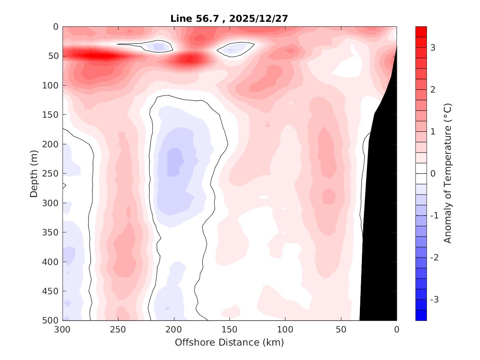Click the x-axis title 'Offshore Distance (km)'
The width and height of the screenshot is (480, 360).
pos(229,342)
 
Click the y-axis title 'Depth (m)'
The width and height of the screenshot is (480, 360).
pos(35,173)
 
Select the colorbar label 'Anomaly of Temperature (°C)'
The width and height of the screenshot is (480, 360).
pos(448,173)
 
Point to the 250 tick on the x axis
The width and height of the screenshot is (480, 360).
pos(118,330)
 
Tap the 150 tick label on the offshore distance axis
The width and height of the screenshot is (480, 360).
pos(229,330)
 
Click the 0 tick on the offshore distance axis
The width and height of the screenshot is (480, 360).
pos(397,330)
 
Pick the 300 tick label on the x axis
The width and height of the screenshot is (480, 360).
pos(63,330)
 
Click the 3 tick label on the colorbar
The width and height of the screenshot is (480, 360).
pos(433,48)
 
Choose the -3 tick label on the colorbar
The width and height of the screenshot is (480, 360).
pos(434,299)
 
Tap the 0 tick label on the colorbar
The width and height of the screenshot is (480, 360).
pos(433,173)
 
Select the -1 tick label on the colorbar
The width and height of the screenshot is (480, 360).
pos(434,215)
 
